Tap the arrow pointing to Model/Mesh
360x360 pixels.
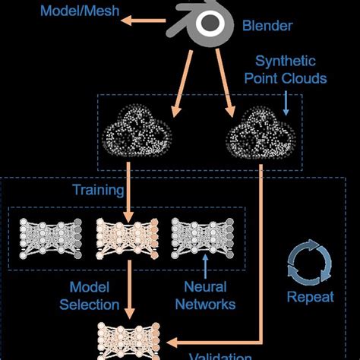coord(144,22)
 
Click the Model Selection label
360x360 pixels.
coord(95,295)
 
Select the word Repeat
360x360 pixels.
coord(310,297)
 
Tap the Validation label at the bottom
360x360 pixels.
coord(219,355)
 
